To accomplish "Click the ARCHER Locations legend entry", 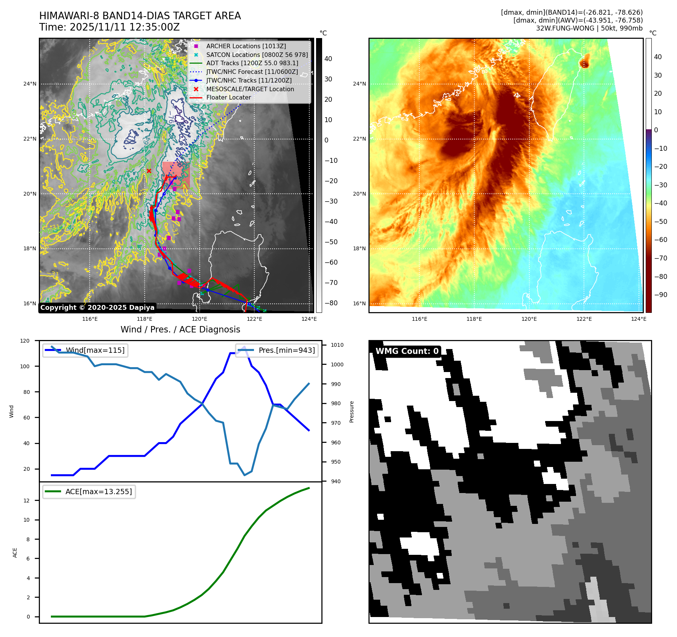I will pos(246,46).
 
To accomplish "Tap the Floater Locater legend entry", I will pos(228,97).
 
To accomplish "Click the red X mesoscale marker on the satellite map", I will pos(149,171).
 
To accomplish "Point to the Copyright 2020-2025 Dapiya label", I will pos(97,308).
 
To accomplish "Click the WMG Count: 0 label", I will pos(407,351).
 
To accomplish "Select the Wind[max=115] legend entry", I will pos(95,350).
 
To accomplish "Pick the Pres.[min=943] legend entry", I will pos(286,350).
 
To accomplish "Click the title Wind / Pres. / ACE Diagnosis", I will pos(180,329).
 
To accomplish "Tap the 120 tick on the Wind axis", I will pos(25,341).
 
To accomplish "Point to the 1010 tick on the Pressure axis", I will pos(337,345).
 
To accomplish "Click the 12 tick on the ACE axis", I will pos(27,501).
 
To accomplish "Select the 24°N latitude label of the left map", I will pos(30,84).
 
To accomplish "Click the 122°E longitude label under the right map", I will pos(584,319).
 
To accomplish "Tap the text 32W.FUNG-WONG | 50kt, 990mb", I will pos(589,28).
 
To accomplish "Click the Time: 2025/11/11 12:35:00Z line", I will pos(109,27).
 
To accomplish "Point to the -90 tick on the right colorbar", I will pos(660,295).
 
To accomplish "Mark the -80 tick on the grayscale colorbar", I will pos(331,303).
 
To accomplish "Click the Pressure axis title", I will pos(351,412).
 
